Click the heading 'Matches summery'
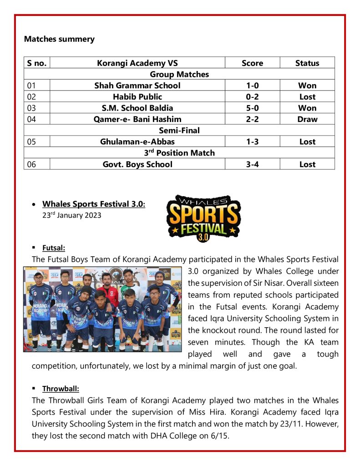[x=59, y=39]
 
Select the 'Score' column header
[x=252, y=63]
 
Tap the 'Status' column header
[x=307, y=63]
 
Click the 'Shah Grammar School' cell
[x=137, y=86]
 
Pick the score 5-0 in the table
[x=252, y=108]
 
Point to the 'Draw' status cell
[x=307, y=119]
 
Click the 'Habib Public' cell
[x=137, y=97]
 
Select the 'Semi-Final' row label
[x=179, y=131]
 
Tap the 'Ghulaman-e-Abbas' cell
[x=137, y=142]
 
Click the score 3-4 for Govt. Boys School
[x=252, y=164]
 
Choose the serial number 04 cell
[x=31, y=119]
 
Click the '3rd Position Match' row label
[x=179, y=153]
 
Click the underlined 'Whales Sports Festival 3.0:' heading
[x=94, y=204]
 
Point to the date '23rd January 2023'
[x=72, y=215]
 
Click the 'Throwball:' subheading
[x=61, y=389]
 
